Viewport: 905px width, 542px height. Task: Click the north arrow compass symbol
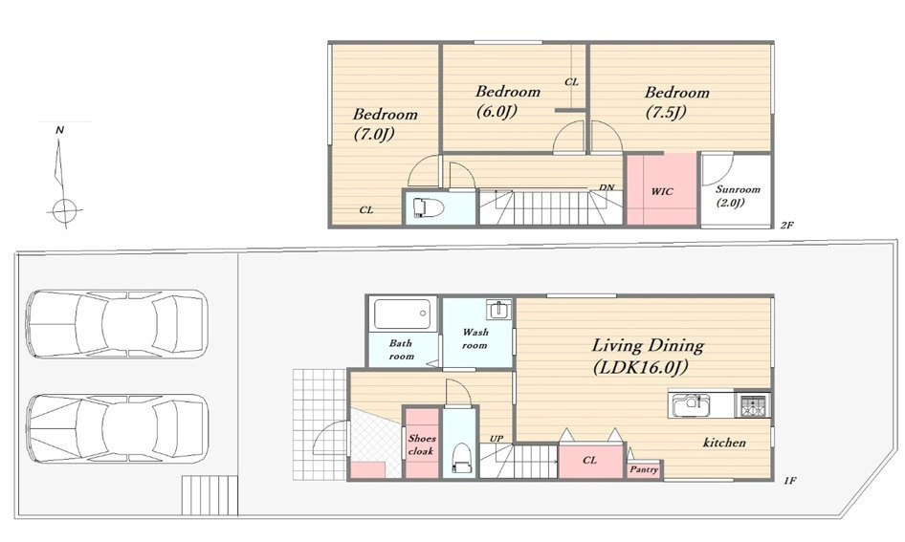click(62, 180)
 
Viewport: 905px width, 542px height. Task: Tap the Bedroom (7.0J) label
click(385, 124)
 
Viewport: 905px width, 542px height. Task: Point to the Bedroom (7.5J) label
click(677, 101)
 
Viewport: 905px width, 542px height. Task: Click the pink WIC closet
click(662, 188)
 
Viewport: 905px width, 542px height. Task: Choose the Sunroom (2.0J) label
click(738, 195)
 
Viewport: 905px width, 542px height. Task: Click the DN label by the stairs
click(607, 187)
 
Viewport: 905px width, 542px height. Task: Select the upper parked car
click(117, 323)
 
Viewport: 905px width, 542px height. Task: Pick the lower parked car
click(117, 428)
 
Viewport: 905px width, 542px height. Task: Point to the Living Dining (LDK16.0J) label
click(648, 356)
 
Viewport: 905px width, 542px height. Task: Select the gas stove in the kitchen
click(753, 403)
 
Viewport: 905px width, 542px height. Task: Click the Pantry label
click(644, 469)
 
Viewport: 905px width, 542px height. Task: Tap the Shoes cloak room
click(422, 443)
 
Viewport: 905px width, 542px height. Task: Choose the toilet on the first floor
click(461, 457)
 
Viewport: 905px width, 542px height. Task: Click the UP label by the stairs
click(497, 439)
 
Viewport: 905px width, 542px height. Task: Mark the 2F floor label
click(787, 226)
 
